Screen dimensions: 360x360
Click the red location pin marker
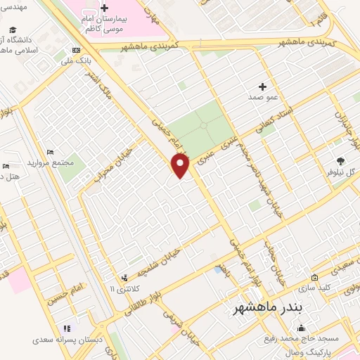181,166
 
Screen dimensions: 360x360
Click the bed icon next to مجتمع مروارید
49,152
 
